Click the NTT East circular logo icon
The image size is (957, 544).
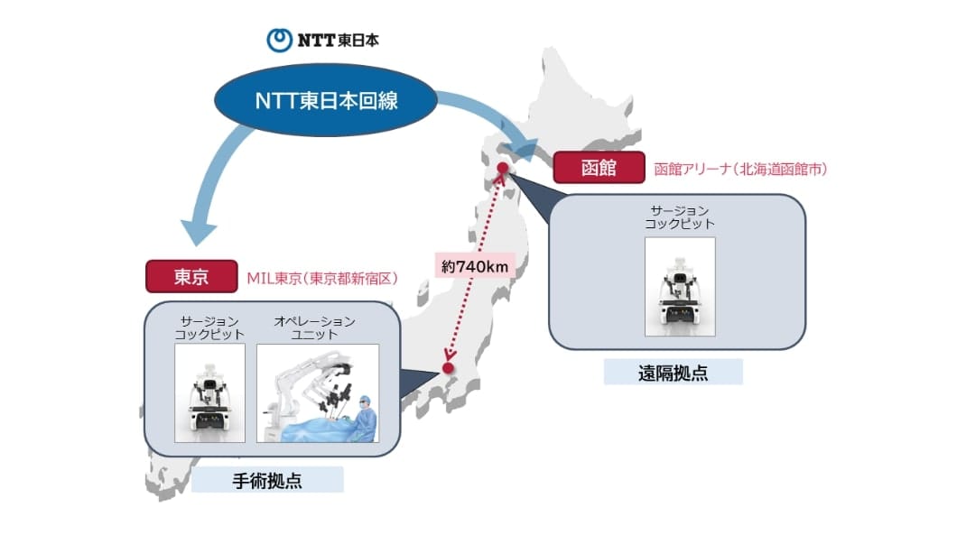click(280, 41)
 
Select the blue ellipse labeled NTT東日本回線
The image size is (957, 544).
click(326, 100)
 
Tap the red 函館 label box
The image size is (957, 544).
click(599, 168)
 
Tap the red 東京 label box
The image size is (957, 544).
click(191, 277)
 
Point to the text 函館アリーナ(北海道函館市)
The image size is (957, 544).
click(740, 169)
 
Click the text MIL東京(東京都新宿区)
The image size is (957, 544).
click(322, 279)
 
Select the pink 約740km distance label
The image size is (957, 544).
click(475, 266)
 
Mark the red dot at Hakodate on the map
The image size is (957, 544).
click(502, 168)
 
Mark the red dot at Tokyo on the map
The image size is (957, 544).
click(448, 368)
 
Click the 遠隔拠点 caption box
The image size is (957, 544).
click(674, 372)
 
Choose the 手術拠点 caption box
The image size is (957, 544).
click(267, 480)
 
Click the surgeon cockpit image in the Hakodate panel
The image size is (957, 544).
click(680, 287)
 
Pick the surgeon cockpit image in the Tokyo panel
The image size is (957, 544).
click(210, 392)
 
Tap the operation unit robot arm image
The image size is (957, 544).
click(318, 392)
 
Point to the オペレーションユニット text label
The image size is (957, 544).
click(314, 327)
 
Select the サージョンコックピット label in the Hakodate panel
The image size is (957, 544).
click(679, 217)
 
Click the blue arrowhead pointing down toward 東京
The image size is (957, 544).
click(198, 232)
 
